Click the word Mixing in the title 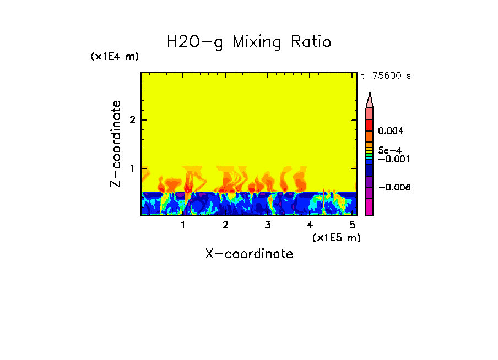pyautogui.click(x=257, y=42)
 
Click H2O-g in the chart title pyautogui.click(x=195, y=42)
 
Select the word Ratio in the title pyautogui.click(x=312, y=42)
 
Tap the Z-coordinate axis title pyautogui.click(x=116, y=144)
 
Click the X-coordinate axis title pyautogui.click(x=249, y=254)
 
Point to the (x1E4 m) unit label pyautogui.click(x=115, y=57)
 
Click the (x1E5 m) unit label pyautogui.click(x=336, y=237)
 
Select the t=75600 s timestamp pyautogui.click(x=386, y=76)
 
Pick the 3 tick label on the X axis pyautogui.click(x=267, y=225)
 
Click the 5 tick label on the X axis pyautogui.click(x=352, y=225)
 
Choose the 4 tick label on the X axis pyautogui.click(x=310, y=225)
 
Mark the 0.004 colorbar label pyautogui.click(x=391, y=131)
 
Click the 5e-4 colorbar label pyautogui.click(x=389, y=150)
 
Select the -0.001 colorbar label pyautogui.click(x=391, y=159)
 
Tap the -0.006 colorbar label pyautogui.click(x=391, y=187)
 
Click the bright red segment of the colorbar pyautogui.click(x=370, y=124)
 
